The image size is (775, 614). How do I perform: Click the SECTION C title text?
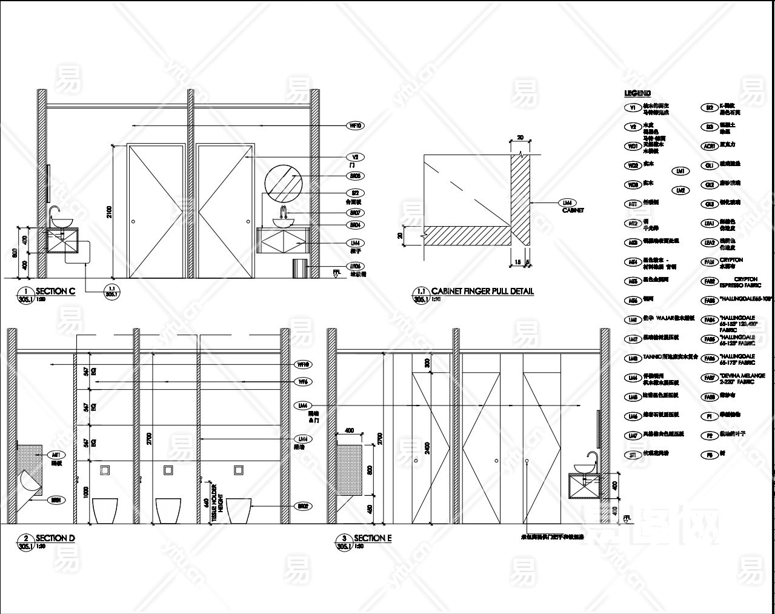click(55, 291)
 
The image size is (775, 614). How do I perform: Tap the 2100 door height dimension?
click(109, 211)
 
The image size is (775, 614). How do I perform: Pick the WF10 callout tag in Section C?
click(355, 126)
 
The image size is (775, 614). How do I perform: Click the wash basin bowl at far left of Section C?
click(61, 222)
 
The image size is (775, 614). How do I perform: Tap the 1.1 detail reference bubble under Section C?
click(111, 290)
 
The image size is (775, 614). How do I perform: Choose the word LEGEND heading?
click(637, 93)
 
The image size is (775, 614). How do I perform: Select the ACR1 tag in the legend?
click(709, 146)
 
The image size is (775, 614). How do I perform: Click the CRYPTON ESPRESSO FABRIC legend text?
click(739, 282)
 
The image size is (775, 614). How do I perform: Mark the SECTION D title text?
click(55, 538)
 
